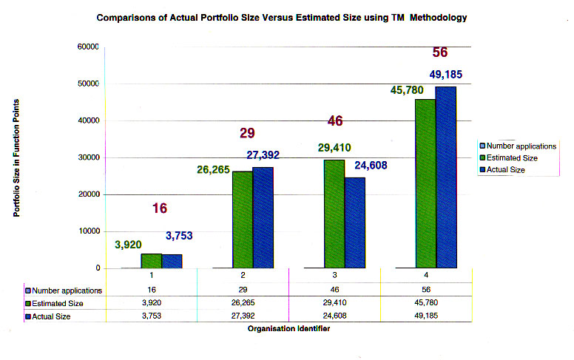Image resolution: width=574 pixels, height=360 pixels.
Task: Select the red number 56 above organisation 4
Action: [x=441, y=52]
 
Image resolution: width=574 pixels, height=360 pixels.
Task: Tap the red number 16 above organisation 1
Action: [x=160, y=208]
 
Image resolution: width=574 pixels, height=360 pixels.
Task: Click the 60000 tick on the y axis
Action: [x=87, y=47]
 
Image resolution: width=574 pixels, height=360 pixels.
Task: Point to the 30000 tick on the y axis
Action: [x=87, y=157]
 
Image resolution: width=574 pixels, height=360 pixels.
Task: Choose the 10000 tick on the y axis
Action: [x=87, y=231]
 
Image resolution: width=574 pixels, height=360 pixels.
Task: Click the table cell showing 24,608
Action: [x=334, y=316]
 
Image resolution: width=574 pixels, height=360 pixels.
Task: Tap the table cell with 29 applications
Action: [x=243, y=291]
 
